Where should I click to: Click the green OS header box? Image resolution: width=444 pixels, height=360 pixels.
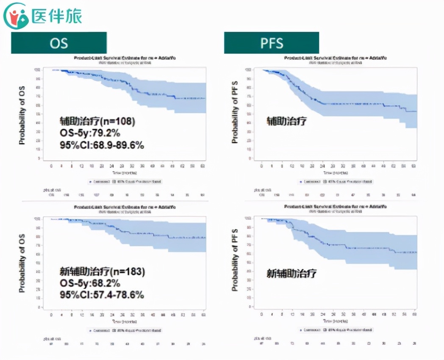[x=58, y=43]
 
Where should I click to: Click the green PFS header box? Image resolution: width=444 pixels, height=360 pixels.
[x=271, y=43]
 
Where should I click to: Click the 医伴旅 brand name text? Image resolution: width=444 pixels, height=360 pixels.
[x=56, y=16]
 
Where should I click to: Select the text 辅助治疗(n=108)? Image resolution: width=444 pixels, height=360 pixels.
[x=97, y=121]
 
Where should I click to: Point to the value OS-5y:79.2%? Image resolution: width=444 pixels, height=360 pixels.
[x=90, y=133]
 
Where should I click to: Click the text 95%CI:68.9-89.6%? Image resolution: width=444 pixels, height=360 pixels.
[x=102, y=145]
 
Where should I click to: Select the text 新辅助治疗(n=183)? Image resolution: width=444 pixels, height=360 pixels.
[x=102, y=271]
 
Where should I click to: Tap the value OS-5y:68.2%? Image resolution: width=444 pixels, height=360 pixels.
[x=90, y=283]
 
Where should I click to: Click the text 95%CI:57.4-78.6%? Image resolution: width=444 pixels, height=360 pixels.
[x=102, y=294]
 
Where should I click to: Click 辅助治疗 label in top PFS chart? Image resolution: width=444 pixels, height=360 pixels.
[x=286, y=121]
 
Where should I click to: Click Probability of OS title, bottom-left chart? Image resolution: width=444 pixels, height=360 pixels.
[x=22, y=263]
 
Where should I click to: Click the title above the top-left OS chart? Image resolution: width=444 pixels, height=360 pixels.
[x=125, y=58]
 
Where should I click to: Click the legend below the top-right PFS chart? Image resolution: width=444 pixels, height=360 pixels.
[x=336, y=182]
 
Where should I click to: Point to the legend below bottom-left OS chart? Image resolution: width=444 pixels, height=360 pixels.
[x=125, y=330]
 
